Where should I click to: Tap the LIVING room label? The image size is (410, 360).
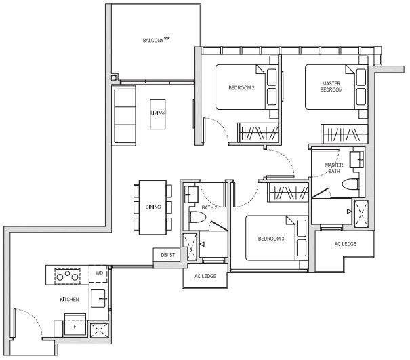[157, 113]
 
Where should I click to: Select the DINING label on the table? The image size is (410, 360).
[153, 207]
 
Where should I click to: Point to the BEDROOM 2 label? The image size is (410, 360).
[241, 88]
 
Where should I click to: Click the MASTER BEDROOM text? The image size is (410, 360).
[331, 87]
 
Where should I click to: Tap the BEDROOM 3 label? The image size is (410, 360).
[271, 239]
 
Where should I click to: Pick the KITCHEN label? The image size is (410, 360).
[69, 299]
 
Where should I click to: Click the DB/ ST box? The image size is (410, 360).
[167, 254]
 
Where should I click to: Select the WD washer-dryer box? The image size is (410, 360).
[98, 274]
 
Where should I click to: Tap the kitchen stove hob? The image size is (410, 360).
[67, 276]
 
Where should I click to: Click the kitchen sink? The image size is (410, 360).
[98, 298]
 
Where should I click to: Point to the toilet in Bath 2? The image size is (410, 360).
[197, 217]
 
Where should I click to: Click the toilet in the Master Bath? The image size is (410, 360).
[350, 184]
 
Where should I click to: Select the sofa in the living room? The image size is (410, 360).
[124, 116]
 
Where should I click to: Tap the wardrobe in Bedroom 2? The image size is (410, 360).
[258, 132]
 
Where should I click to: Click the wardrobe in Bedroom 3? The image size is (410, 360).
[287, 193]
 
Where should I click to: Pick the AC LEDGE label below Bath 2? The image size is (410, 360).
[205, 276]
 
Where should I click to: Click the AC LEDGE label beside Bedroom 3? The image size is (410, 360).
[346, 244]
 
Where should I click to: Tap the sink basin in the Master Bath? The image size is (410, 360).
[357, 159]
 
